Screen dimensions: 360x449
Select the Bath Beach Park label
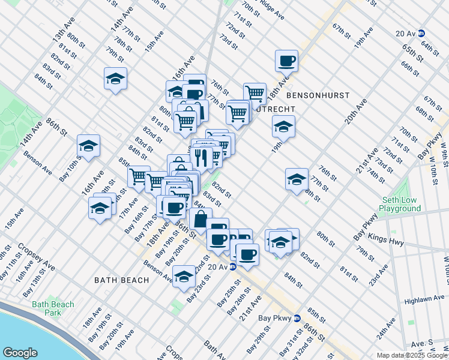coord(54,308)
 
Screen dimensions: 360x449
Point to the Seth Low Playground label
coord(401,204)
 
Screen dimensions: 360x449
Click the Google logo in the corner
coord(20,353)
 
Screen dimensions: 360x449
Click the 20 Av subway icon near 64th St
coord(422,34)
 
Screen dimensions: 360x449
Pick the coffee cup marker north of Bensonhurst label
coord(286,60)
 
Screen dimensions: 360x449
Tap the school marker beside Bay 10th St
coord(88,146)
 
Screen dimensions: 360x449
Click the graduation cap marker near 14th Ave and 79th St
coord(115,79)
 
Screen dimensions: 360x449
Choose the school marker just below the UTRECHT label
coord(283,127)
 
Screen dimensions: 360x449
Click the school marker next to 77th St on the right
coord(297,179)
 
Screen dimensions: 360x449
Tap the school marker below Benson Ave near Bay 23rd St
coord(184,277)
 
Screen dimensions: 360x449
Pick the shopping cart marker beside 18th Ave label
coord(255,93)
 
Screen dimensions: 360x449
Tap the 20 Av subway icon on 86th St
coord(233,267)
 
